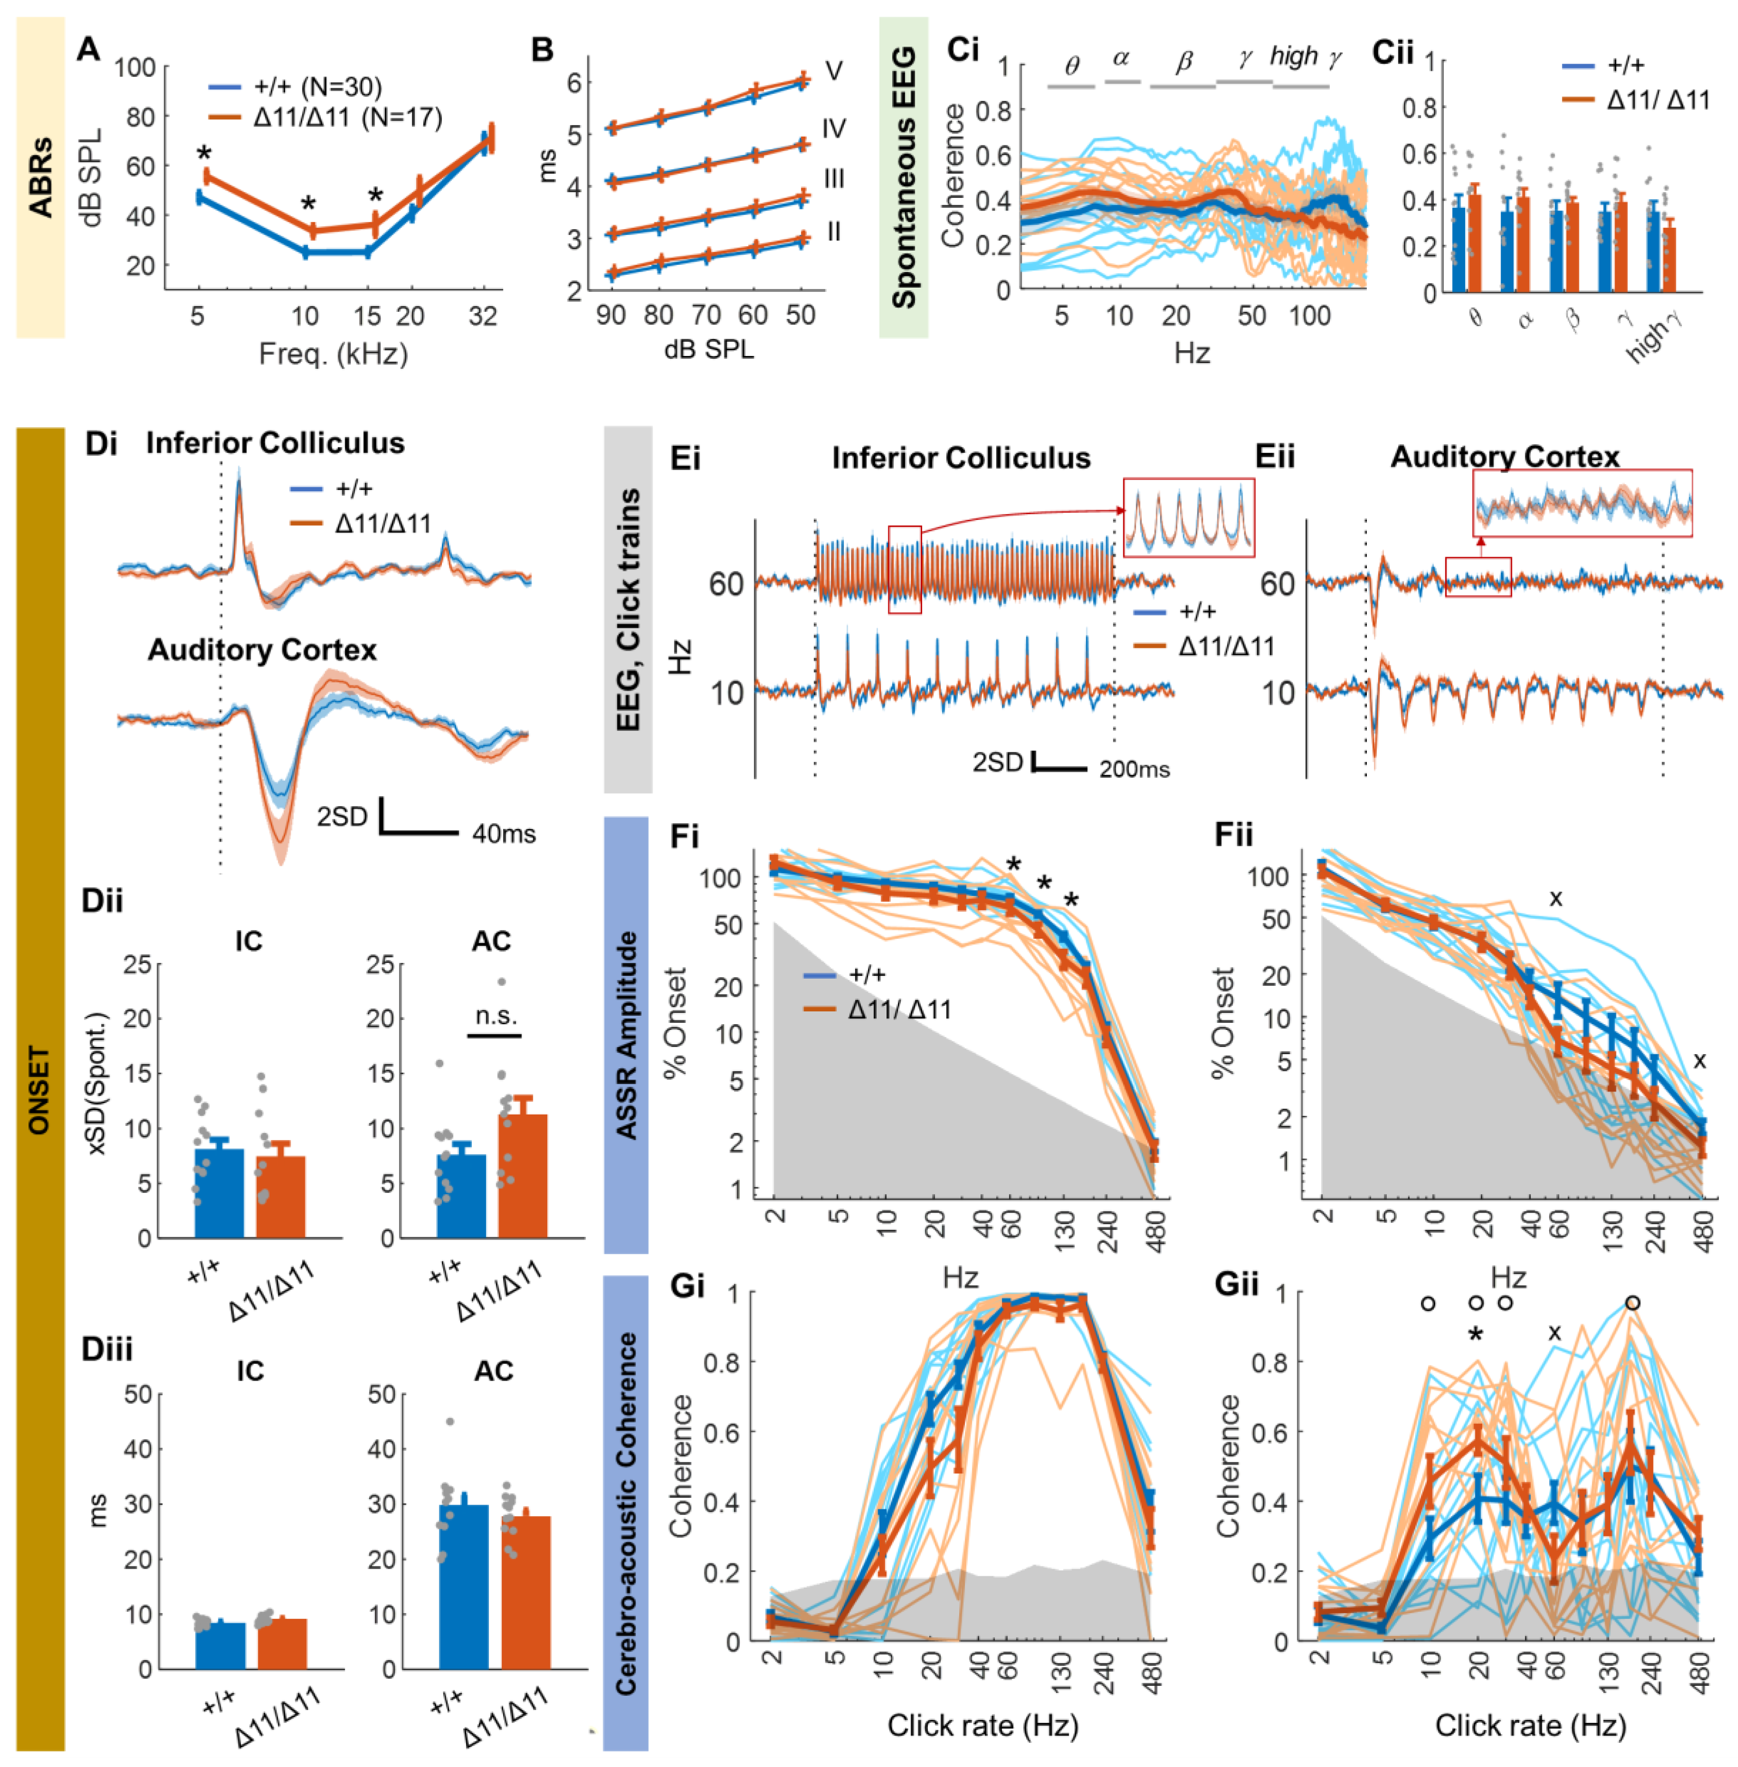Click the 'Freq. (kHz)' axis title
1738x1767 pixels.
click(333, 354)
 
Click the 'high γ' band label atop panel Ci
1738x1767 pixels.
click(1305, 57)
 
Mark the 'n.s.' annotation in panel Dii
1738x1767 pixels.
click(495, 1015)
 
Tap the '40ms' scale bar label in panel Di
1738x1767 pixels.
click(504, 833)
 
